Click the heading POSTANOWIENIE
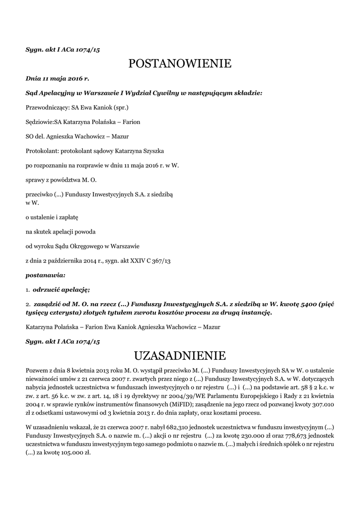click(x=180, y=63)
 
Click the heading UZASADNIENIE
click(x=180, y=355)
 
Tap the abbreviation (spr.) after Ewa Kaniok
click(x=122, y=107)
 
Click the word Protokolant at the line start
click(x=42, y=150)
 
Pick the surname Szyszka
click(x=153, y=150)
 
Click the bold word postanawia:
click(x=45, y=274)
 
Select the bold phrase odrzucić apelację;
click(x=61, y=289)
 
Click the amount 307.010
click(x=323, y=404)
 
